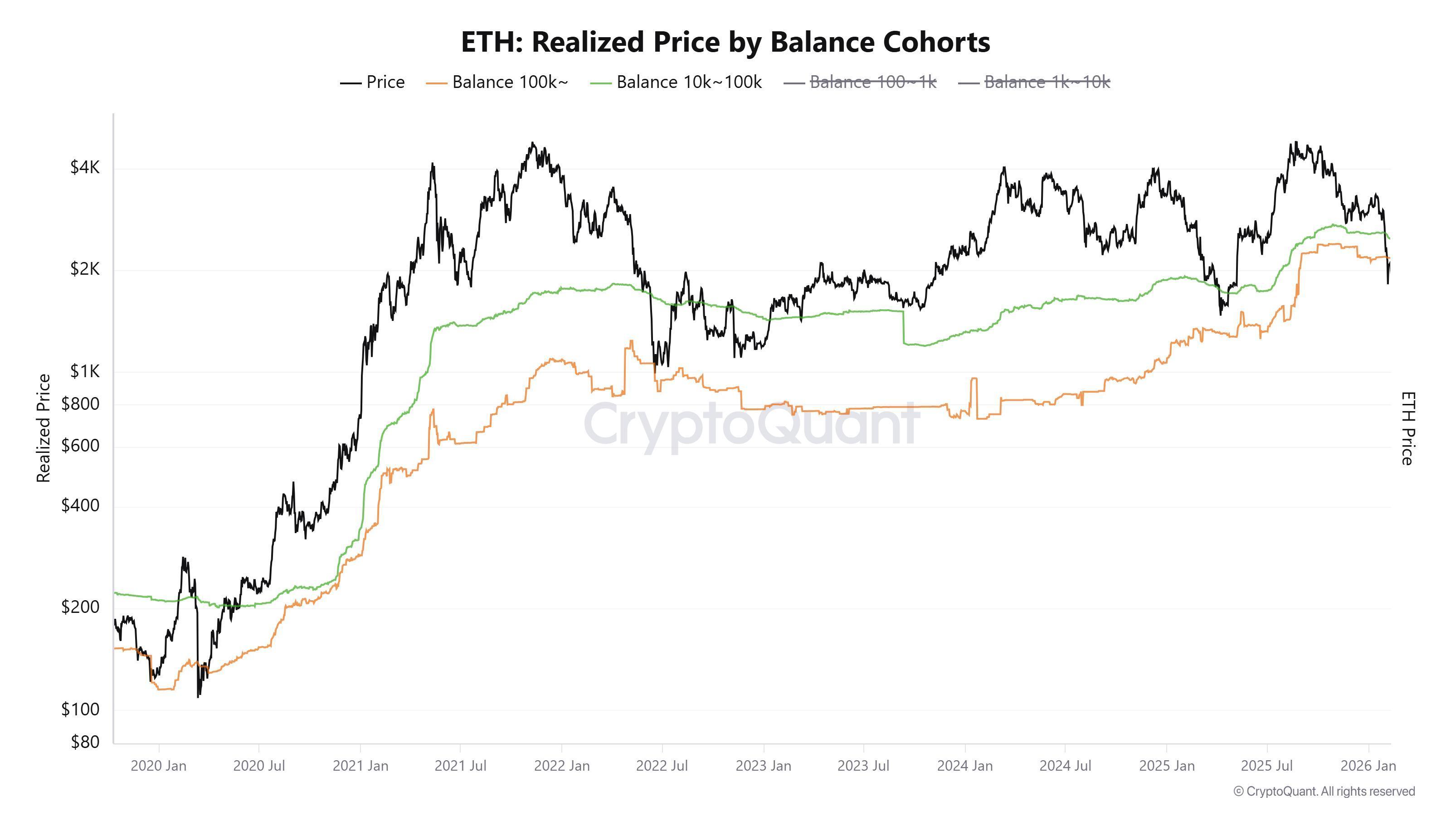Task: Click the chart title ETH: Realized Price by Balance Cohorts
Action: pyautogui.click(x=725, y=42)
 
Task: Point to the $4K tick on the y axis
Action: pyautogui.click(x=84, y=167)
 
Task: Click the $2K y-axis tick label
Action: pyautogui.click(x=84, y=269)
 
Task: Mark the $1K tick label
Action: pyautogui.click(x=84, y=371)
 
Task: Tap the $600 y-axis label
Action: pyautogui.click(x=80, y=446)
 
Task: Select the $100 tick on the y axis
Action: pyautogui.click(x=80, y=709)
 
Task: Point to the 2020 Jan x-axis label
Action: pyautogui.click(x=158, y=766)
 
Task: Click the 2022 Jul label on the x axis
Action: pyautogui.click(x=662, y=766)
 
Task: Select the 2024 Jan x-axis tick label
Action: pyautogui.click(x=964, y=766)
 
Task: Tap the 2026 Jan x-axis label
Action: pyautogui.click(x=1368, y=766)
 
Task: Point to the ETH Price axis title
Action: pyautogui.click(x=1407, y=428)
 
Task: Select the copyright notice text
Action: pyautogui.click(x=1324, y=791)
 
